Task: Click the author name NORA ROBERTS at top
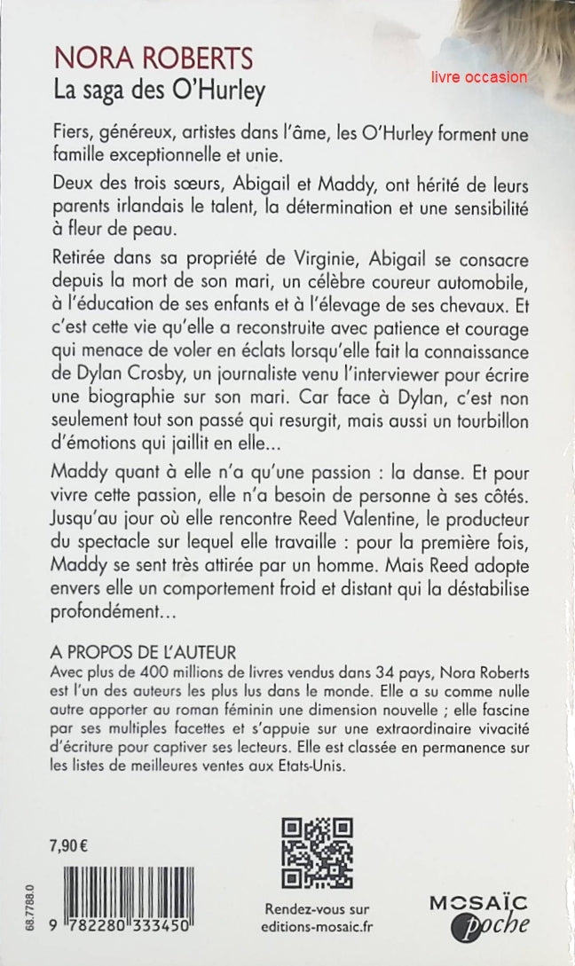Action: coord(152,60)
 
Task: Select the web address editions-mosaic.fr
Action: coord(318,927)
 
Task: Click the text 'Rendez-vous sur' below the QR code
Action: coord(318,908)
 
